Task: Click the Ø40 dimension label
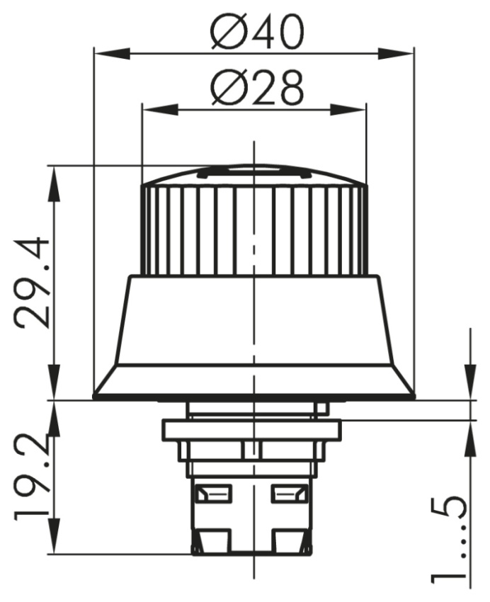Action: click(x=258, y=32)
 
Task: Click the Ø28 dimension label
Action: click(x=258, y=88)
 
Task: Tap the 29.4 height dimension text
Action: click(x=33, y=283)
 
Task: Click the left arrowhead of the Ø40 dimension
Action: click(x=111, y=53)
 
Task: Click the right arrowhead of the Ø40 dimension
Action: click(x=396, y=53)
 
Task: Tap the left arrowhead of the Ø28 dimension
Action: click(x=161, y=109)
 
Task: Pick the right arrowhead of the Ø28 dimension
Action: click(x=348, y=109)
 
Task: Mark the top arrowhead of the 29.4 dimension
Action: click(x=55, y=184)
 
